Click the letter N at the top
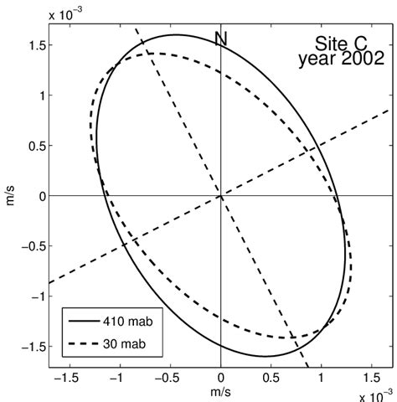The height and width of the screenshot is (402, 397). point(220,38)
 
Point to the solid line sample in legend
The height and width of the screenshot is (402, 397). point(86,322)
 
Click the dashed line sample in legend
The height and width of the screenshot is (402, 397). point(86,343)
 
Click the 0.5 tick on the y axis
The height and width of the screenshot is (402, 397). point(34,146)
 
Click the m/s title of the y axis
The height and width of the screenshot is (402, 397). point(11,196)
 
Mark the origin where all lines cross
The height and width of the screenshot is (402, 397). point(220,196)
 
